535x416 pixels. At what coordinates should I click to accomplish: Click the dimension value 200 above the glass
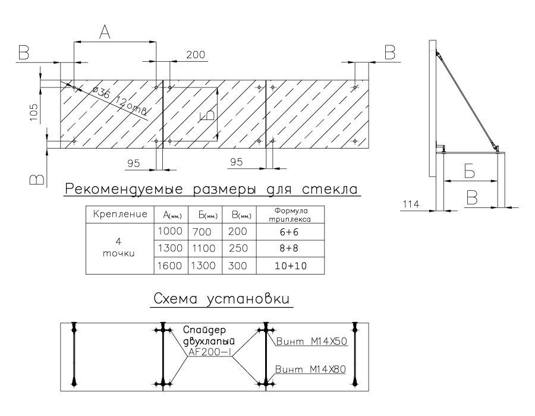[196, 55]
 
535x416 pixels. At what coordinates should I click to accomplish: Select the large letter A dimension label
[105, 34]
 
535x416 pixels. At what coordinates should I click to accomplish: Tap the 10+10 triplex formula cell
[291, 266]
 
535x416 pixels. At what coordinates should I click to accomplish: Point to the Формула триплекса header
[291, 215]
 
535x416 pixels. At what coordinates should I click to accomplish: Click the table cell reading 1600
[171, 266]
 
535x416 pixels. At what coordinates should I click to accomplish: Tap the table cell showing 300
[238, 266]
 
